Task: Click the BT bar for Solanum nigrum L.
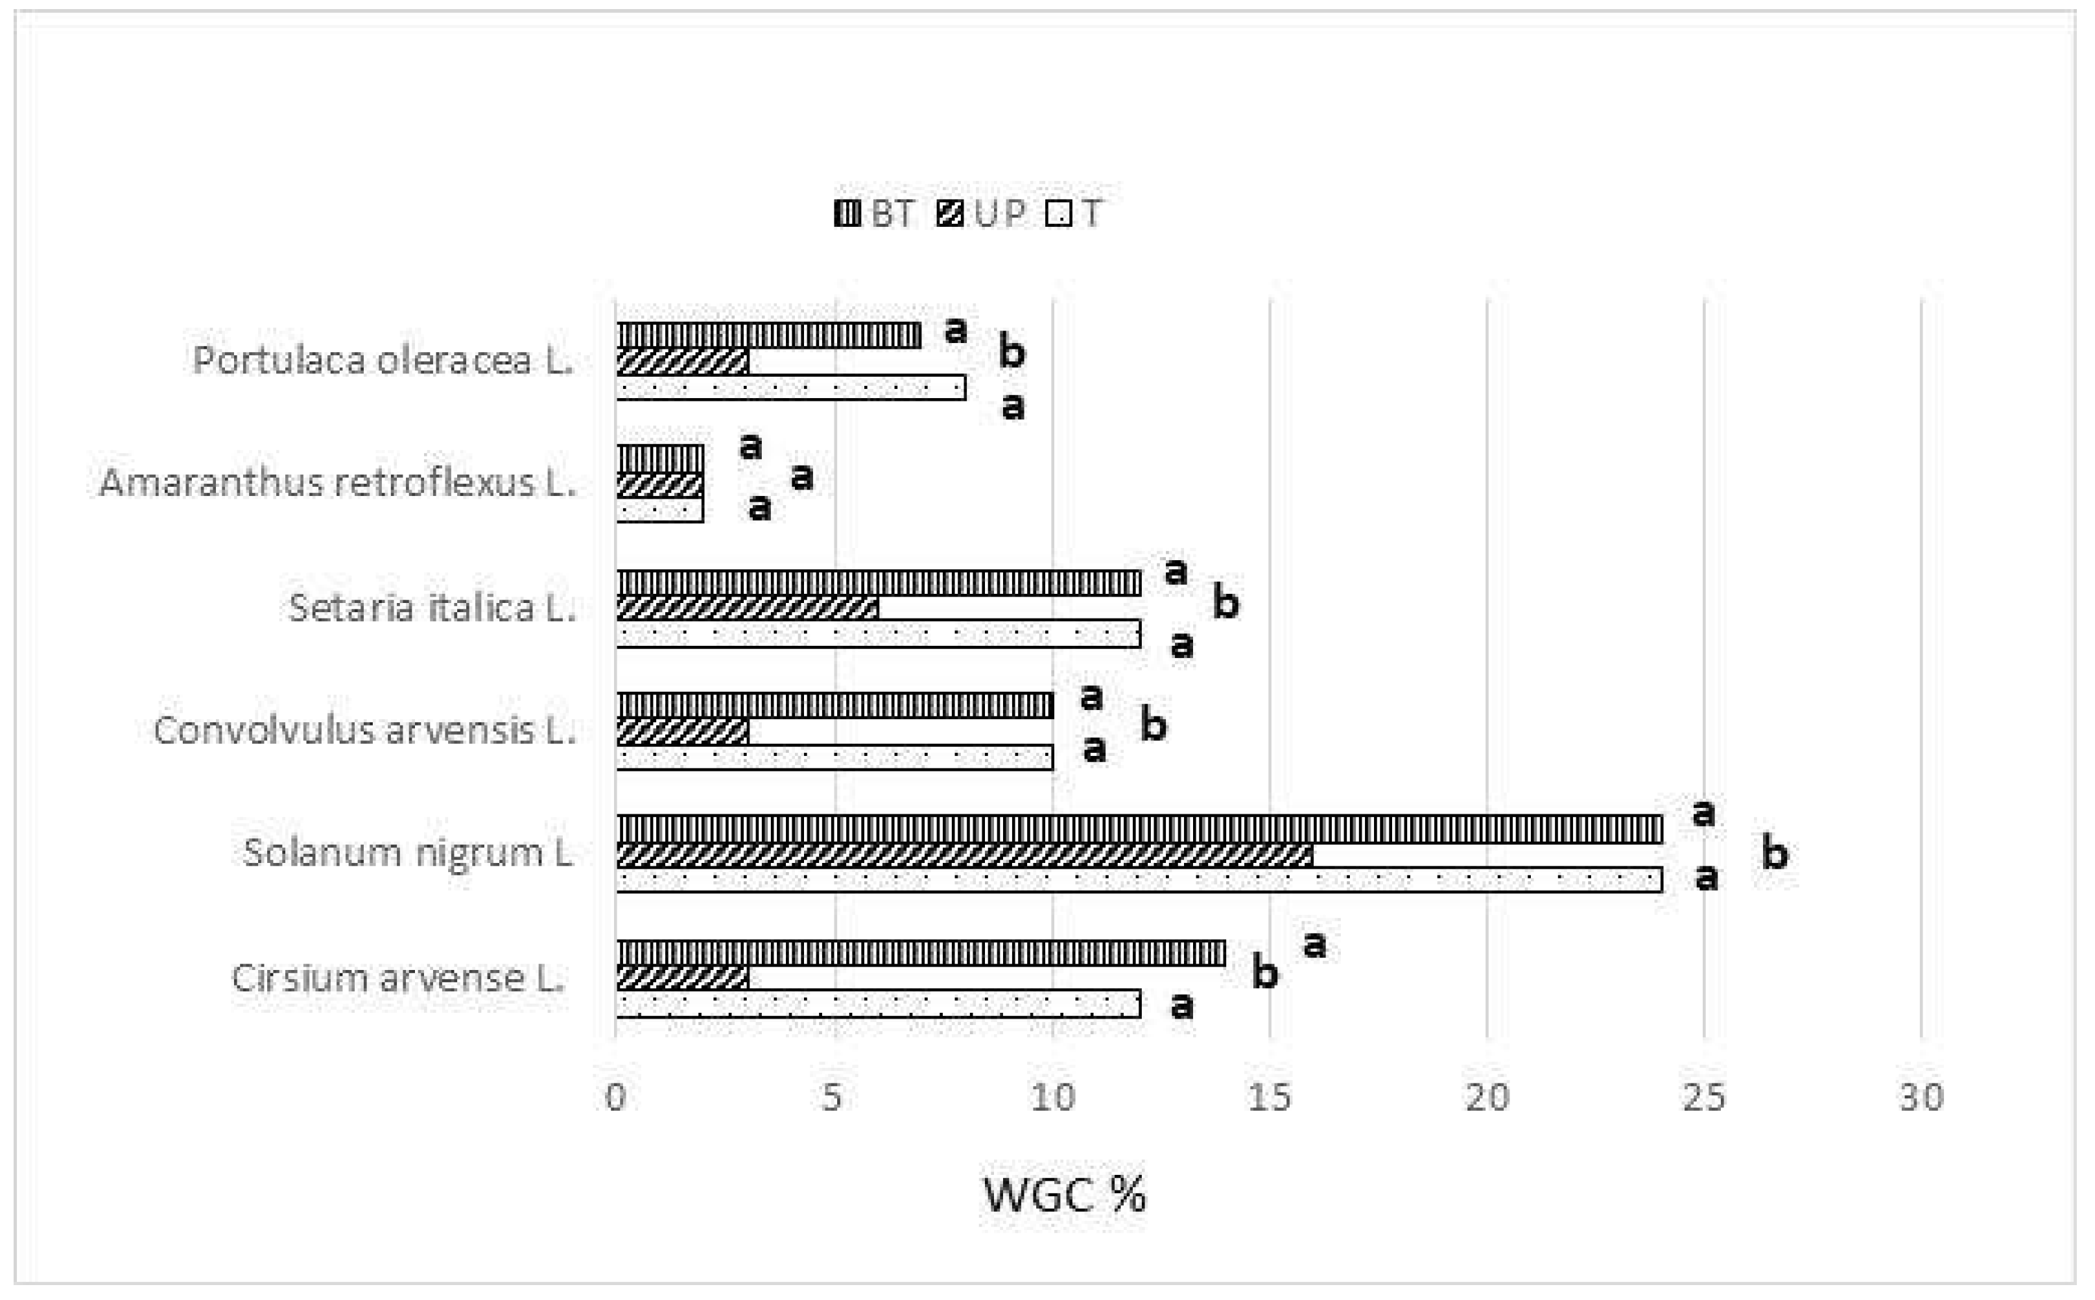coord(1139,829)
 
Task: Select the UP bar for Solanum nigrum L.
coord(964,855)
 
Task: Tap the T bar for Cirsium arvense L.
coord(878,1004)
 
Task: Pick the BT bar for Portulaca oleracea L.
coord(768,335)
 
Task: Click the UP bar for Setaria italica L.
coord(747,609)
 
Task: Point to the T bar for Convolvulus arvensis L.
coord(834,757)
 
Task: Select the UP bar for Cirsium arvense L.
coord(681,978)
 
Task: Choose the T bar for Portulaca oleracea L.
coord(790,388)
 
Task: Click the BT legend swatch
coord(847,213)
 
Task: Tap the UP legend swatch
coord(950,213)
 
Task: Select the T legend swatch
coord(1058,213)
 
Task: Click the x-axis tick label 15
coord(1269,1097)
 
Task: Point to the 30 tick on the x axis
coord(1921,1097)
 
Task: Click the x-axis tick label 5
coord(832,1097)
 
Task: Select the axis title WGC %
coord(1064,1194)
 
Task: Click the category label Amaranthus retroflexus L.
coord(337,482)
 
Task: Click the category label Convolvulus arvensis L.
coord(364,730)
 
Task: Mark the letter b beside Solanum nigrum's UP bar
coord(1774,853)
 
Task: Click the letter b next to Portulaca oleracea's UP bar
coord(1011,353)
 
